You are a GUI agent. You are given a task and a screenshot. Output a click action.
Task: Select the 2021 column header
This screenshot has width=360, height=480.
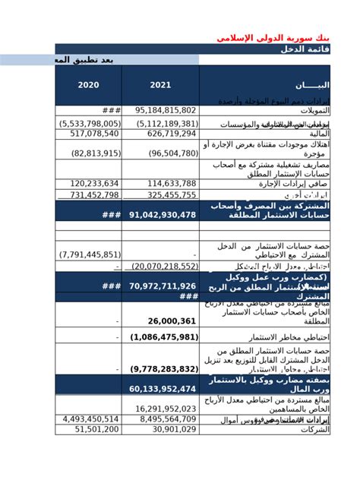click(x=160, y=86)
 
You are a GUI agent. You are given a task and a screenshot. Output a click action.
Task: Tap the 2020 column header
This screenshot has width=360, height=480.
click(x=88, y=86)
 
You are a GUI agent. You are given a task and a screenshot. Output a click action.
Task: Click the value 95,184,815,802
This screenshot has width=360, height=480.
click(x=167, y=111)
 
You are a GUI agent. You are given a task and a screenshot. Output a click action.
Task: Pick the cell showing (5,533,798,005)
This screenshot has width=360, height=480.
click(x=90, y=123)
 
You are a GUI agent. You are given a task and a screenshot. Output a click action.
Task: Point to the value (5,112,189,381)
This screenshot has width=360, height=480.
click(x=168, y=123)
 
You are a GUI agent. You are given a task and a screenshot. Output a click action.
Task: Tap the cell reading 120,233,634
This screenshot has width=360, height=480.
click(x=94, y=183)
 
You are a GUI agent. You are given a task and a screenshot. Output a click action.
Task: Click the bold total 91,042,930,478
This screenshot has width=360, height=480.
click(x=163, y=215)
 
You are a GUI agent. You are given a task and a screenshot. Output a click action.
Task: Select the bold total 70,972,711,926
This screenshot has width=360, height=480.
click(x=163, y=286)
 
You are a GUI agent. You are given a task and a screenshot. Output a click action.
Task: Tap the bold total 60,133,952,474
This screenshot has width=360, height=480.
click(x=163, y=389)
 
